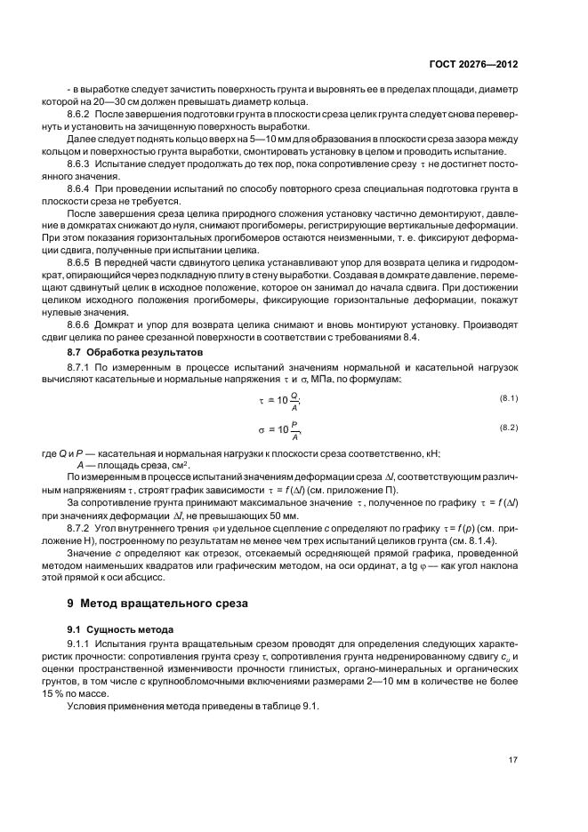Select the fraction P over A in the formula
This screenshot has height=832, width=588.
[x=294, y=431]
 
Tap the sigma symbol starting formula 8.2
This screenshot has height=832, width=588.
[x=262, y=429]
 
